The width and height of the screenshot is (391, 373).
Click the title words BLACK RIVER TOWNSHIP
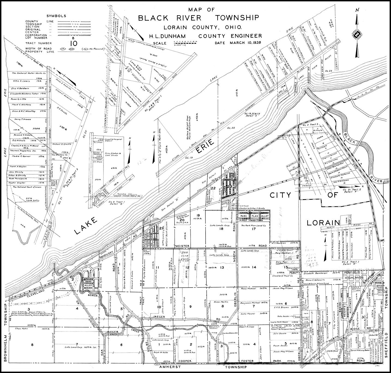[x=198, y=18]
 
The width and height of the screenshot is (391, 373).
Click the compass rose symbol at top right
[x=357, y=35]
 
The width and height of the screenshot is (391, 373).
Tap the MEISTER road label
[x=182, y=246]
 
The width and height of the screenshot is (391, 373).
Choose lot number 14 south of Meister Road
[x=254, y=267]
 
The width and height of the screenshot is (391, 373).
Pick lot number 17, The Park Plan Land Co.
[x=254, y=229]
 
